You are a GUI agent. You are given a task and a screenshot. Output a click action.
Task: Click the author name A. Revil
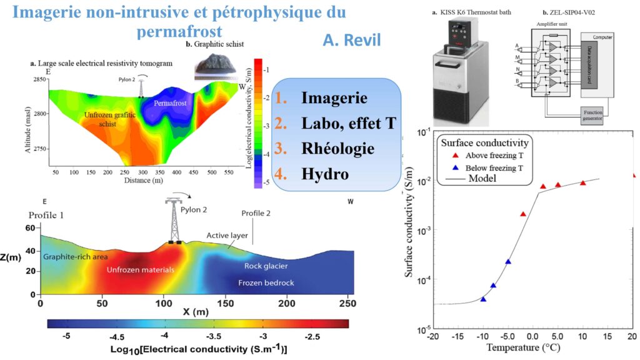pos(351,40)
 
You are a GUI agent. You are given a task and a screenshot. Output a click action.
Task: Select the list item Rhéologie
pos(337,149)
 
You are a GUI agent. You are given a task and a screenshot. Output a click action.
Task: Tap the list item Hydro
pos(324,174)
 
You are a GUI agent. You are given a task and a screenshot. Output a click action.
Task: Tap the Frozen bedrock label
pos(266,283)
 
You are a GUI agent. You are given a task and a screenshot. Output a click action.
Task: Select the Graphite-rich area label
pos(75,256)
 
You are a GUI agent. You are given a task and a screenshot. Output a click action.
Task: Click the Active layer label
pos(227,236)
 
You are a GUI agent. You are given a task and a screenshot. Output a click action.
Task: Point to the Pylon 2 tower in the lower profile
pos(174,222)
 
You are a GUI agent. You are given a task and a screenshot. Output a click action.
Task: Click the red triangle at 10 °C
pos(582,182)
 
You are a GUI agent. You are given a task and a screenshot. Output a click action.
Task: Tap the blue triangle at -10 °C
pos(483,299)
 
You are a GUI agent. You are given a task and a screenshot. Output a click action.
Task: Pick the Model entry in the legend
pos(477,177)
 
